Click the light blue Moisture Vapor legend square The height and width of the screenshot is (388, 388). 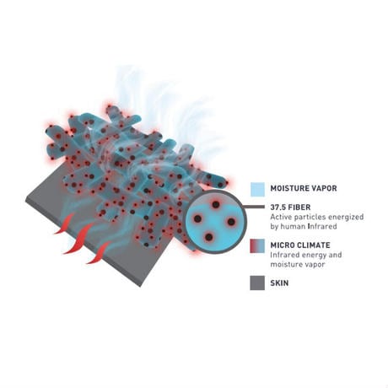point(257,190)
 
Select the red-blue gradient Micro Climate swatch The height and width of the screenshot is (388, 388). point(257,246)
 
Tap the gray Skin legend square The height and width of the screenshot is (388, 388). point(257,283)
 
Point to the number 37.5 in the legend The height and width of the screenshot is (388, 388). point(278,207)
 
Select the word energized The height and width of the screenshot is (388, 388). point(346,218)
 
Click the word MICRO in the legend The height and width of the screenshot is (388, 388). point(281,245)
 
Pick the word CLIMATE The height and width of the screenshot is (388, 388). point(312,245)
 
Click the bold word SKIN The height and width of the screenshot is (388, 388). point(279,283)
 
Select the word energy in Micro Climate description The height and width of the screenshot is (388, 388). point(310,256)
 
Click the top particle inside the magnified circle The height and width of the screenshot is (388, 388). point(216,205)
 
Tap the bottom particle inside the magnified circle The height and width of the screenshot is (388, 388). point(208,237)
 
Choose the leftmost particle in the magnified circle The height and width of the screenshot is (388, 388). point(198,218)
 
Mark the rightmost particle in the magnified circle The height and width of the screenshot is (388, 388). point(231,222)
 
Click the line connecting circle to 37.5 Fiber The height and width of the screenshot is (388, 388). point(255,207)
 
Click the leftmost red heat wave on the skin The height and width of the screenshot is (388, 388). point(65,224)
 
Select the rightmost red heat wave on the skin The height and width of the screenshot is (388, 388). point(99,252)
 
